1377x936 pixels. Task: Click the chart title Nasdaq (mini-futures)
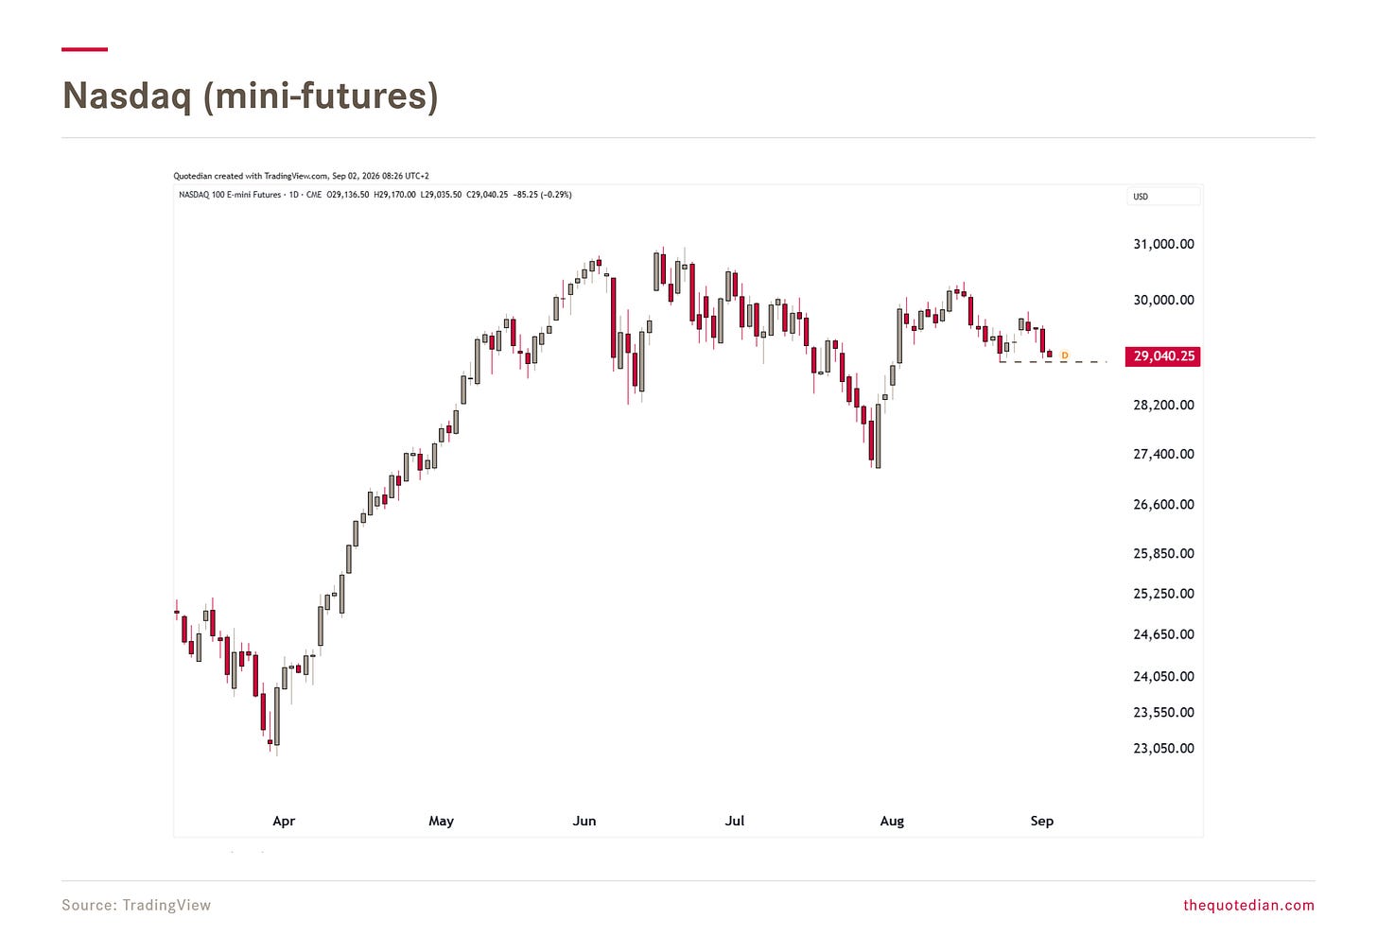tap(251, 96)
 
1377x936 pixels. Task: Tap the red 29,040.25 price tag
tap(1162, 356)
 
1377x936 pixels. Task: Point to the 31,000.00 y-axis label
tap(1163, 245)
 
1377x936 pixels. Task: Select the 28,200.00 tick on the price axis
tap(1163, 405)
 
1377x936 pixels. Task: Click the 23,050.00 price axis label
tap(1163, 749)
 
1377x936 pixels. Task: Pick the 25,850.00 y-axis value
tap(1163, 554)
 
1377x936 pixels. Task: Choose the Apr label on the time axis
tap(284, 821)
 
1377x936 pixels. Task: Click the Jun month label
tap(584, 821)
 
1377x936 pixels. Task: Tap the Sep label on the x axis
tap(1042, 821)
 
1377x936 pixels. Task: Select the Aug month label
tap(892, 821)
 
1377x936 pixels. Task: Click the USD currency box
tap(1163, 197)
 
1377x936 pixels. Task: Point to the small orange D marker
tap(1065, 355)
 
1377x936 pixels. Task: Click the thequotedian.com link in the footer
tap(1249, 905)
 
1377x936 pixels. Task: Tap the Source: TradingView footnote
tap(136, 905)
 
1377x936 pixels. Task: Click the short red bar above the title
tap(85, 49)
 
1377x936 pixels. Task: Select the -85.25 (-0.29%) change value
tap(542, 195)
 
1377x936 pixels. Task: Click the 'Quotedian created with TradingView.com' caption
tap(251, 176)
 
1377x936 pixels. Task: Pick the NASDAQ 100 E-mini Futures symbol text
tap(230, 195)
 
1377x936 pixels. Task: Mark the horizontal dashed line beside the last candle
tap(1053, 362)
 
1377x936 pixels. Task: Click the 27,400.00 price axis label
tap(1163, 454)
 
